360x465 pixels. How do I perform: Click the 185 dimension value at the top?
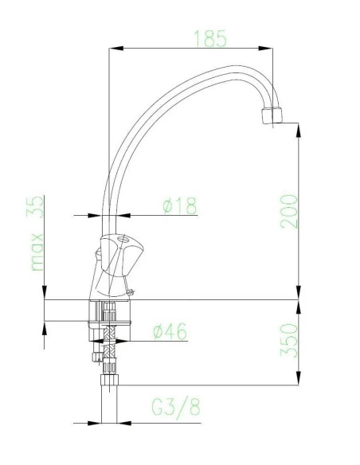click(x=210, y=37)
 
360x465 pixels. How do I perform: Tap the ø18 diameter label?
click(x=179, y=205)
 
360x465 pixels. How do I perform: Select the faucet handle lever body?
click(x=119, y=255)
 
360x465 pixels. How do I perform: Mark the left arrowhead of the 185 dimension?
click(x=112, y=49)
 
